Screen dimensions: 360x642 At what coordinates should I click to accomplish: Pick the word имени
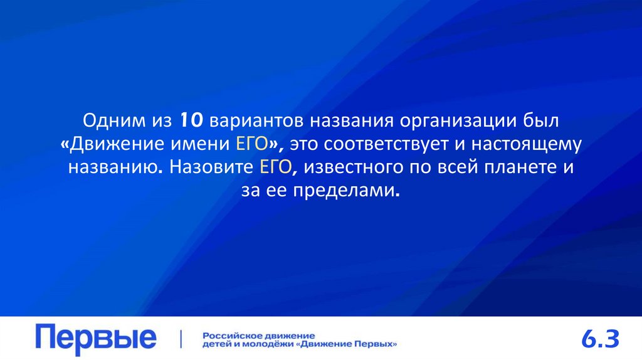tap(201, 144)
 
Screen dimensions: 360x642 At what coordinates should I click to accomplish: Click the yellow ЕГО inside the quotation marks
tap(252, 144)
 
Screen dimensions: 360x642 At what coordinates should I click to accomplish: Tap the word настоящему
tap(530, 144)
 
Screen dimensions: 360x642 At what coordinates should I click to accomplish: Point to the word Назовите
tap(210, 167)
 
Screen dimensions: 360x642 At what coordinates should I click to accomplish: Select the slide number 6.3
tap(600, 340)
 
